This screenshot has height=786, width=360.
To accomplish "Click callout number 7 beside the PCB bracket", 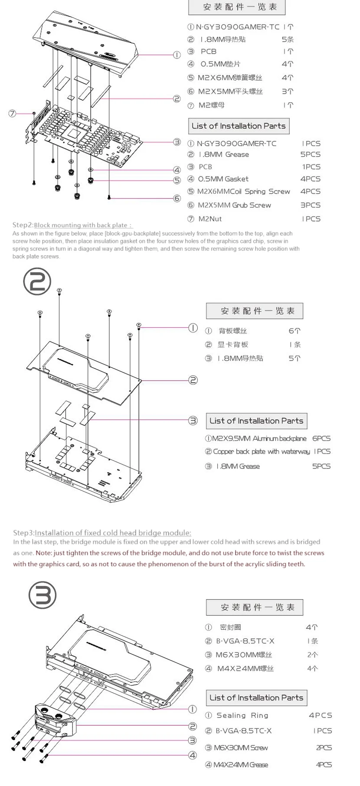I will pyautogui.click(x=12, y=114).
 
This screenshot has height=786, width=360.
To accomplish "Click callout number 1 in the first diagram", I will pyautogui.click(x=177, y=55).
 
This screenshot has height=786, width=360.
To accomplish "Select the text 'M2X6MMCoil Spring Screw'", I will pyautogui.click(x=244, y=192).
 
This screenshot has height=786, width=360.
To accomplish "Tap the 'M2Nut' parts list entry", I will pyautogui.click(x=210, y=219).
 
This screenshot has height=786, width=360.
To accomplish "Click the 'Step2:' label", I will pyautogui.click(x=23, y=225).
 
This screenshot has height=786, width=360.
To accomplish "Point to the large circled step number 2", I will pyautogui.click(x=37, y=282).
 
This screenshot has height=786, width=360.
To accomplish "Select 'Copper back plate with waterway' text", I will pyautogui.click(x=262, y=452).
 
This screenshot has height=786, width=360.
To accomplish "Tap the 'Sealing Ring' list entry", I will pyautogui.click(x=242, y=715).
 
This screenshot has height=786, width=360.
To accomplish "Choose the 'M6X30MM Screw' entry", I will pyautogui.click(x=241, y=747).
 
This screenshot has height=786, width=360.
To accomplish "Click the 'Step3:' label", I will pyautogui.click(x=23, y=533).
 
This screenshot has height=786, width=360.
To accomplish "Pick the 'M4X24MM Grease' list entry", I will pyautogui.click(x=240, y=765).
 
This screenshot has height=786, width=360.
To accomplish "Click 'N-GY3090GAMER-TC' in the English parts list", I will pyautogui.click(x=236, y=144).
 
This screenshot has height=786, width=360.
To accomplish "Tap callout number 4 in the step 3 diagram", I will pyautogui.click(x=192, y=755).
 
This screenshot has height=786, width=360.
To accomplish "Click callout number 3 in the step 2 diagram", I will pyautogui.click(x=193, y=421).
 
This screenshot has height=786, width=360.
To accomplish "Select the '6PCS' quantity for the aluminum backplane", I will pyautogui.click(x=321, y=439).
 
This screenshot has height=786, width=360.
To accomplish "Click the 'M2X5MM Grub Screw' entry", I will pyautogui.click(x=234, y=205).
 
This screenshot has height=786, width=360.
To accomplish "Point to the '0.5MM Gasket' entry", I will pyautogui.click(x=223, y=179).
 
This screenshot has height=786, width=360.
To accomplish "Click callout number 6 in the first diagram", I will pyautogui.click(x=177, y=199).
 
